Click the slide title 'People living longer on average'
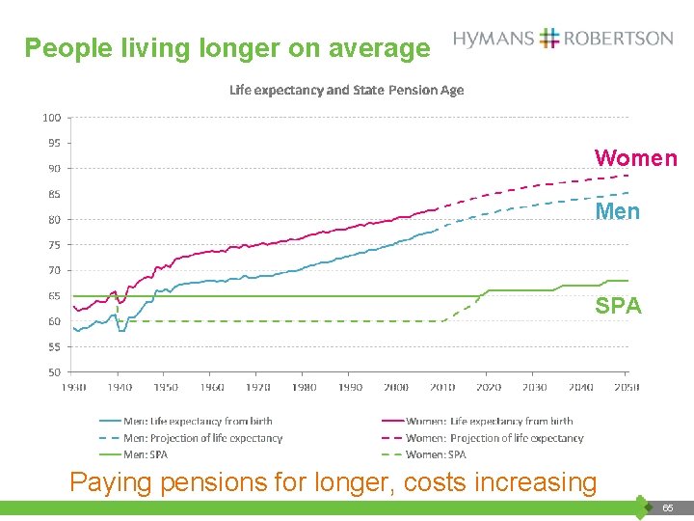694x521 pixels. [227, 48]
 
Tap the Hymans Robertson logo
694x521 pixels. [563, 39]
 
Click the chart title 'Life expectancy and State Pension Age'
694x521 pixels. [346, 90]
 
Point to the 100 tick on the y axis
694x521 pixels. [51, 118]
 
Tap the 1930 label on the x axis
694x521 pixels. [74, 387]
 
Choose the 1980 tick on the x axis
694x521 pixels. [305, 387]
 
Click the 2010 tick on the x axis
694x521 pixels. [442, 387]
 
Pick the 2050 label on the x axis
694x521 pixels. [627, 387]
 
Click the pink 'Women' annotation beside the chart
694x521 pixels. [635, 158]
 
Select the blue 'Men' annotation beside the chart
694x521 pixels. [617, 211]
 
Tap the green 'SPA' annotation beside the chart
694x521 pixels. [617, 306]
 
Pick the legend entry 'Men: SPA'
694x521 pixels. [146, 454]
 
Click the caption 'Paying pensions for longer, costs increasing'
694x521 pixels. [333, 481]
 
